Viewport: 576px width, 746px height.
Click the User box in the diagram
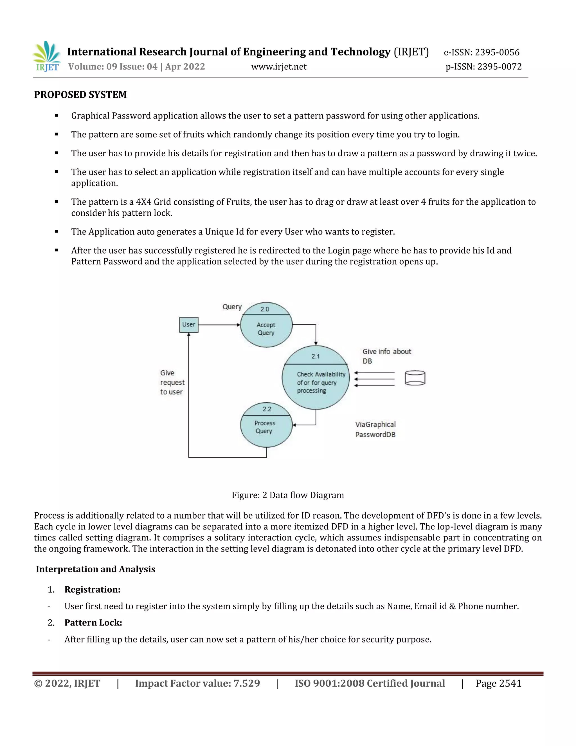click(x=189, y=325)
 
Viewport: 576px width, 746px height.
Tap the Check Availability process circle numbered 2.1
click(x=316, y=378)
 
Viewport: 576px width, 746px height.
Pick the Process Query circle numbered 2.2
click(x=266, y=425)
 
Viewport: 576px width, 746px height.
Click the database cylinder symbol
click(x=415, y=378)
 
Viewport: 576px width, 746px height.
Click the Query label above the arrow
click(x=232, y=307)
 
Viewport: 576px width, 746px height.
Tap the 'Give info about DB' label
click(x=387, y=356)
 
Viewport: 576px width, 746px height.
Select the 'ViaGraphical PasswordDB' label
click(x=375, y=429)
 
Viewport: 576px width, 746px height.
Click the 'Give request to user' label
click(x=172, y=382)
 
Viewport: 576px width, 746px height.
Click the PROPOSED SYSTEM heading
click(x=80, y=95)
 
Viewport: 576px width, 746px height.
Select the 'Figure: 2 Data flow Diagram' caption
click(x=288, y=495)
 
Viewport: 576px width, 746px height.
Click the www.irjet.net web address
click(x=279, y=67)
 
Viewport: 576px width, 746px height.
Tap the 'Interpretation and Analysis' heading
click(x=96, y=569)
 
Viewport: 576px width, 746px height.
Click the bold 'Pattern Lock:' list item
click(x=93, y=623)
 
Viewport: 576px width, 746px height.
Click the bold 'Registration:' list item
click(x=93, y=589)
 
